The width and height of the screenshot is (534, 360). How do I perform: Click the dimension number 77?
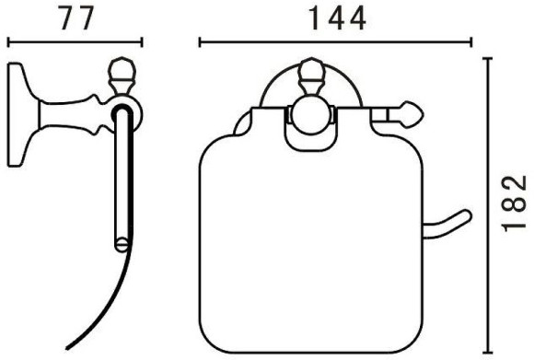tap(76, 19)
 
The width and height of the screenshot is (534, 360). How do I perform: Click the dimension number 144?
tap(337, 19)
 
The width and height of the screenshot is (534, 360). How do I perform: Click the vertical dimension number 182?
tap(515, 203)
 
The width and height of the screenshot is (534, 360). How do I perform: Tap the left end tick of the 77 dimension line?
tap(8, 42)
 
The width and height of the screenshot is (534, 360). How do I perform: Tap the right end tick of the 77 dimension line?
tap(142, 42)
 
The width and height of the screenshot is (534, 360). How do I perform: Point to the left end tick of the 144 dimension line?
tap(200, 42)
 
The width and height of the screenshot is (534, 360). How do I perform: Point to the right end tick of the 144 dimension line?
tap(471, 42)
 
